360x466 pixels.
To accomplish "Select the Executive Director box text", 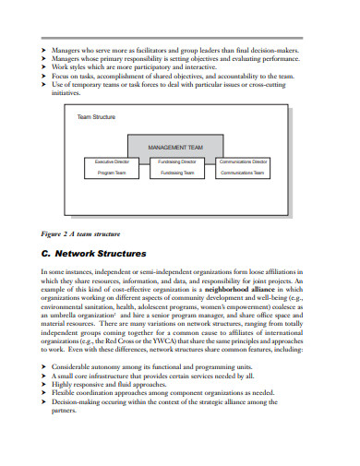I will tap(112, 161).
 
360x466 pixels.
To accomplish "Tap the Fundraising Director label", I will tap(177, 161).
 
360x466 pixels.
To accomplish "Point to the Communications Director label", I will tap(243, 161).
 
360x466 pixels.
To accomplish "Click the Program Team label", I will tap(112, 173).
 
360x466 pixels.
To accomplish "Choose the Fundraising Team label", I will tap(177, 173).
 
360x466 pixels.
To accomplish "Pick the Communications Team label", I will tap(243, 173).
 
